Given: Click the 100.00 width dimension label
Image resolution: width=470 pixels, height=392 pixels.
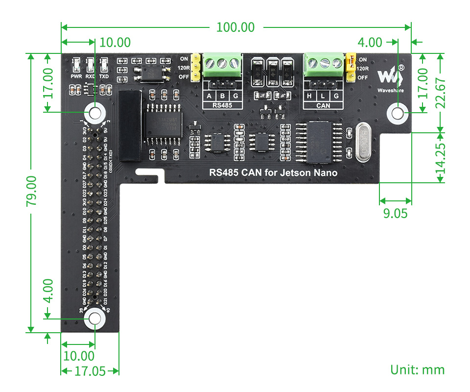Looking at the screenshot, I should [235, 27].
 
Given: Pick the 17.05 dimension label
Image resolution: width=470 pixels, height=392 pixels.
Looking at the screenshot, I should [90, 371].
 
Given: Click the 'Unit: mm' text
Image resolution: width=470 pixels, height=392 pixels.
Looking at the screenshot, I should [417, 369].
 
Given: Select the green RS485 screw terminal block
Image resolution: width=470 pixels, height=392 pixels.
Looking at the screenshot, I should [223, 65].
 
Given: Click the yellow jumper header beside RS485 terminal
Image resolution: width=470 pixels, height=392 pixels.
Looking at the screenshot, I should [195, 67].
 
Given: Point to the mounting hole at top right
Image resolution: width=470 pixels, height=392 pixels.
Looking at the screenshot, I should [398, 114].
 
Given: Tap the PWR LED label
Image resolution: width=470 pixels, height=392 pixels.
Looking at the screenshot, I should [76, 76].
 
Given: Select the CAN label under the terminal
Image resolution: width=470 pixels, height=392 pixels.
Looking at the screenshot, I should [323, 105].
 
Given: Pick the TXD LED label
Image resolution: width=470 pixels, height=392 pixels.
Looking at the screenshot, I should [104, 76].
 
